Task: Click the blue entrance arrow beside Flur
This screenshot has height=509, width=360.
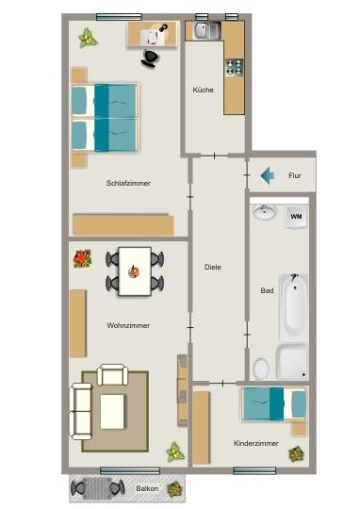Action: click(x=267, y=175)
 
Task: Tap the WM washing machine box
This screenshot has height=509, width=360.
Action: click(x=296, y=217)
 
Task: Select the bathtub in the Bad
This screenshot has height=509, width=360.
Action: click(x=296, y=304)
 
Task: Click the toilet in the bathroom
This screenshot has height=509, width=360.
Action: click(x=261, y=367)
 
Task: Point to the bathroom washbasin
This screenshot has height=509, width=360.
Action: click(x=265, y=214)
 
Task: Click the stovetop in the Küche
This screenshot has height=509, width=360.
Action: click(x=233, y=68)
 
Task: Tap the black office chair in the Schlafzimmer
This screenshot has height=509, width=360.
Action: click(x=151, y=57)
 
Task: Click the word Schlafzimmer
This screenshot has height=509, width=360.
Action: click(x=128, y=183)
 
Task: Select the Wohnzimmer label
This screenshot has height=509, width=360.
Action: click(x=128, y=325)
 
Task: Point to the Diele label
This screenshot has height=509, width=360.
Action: click(x=212, y=267)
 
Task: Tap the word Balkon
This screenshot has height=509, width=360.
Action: click(x=146, y=489)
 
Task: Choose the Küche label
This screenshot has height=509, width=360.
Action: click(x=203, y=90)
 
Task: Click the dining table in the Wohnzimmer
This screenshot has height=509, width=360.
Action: click(x=135, y=269)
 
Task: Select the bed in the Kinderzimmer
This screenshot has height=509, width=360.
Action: click(x=274, y=403)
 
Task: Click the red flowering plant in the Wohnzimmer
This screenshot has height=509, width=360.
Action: click(x=82, y=257)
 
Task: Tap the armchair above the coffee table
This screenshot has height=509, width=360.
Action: click(x=113, y=375)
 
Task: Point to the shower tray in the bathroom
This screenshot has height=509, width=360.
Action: click(x=292, y=360)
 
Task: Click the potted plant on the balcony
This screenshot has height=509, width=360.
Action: click(x=173, y=489)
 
